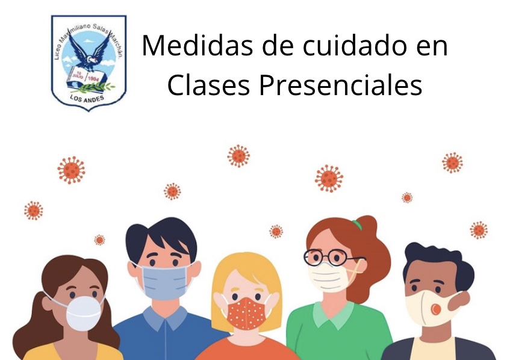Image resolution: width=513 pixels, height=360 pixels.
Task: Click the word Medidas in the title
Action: (x=197, y=45)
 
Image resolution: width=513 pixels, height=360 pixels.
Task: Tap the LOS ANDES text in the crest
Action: (x=87, y=98)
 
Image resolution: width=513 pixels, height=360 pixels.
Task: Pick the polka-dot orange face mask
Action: (x=246, y=314)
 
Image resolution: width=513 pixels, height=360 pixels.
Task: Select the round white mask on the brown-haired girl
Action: (x=84, y=313)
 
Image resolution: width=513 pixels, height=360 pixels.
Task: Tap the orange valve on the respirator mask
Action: (x=435, y=309)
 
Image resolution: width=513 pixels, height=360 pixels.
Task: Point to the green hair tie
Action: (x=357, y=225)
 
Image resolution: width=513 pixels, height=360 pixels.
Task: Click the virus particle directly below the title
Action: (x=238, y=156)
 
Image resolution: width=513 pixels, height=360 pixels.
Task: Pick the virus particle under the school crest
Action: (x=71, y=170)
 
